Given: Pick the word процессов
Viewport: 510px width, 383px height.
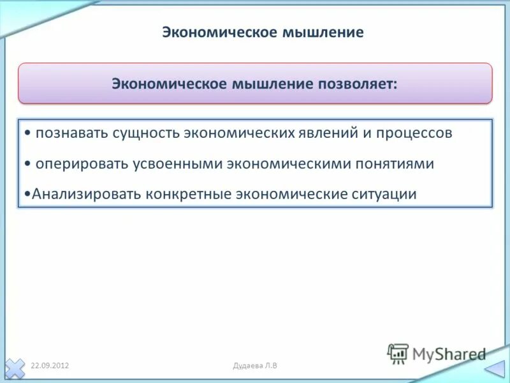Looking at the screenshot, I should coord(414,133).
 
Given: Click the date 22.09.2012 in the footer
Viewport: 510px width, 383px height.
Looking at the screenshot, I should coord(50,365).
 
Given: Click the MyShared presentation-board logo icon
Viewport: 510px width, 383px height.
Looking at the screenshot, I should coord(398,354).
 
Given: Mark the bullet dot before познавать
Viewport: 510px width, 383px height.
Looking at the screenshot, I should coord(27,134).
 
